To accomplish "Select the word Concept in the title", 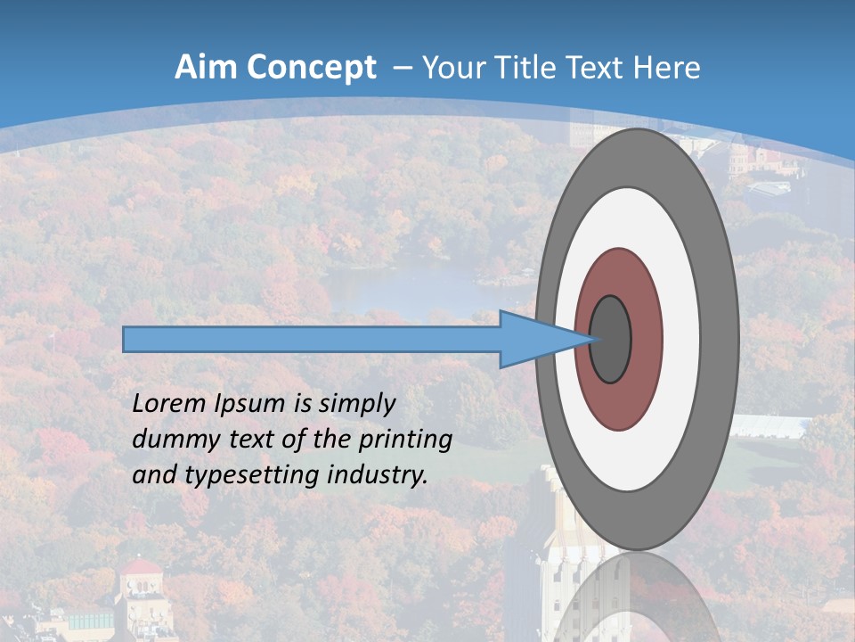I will (x=312, y=68).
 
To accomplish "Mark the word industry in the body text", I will (x=376, y=475).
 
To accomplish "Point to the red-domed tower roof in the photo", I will (x=141, y=568).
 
